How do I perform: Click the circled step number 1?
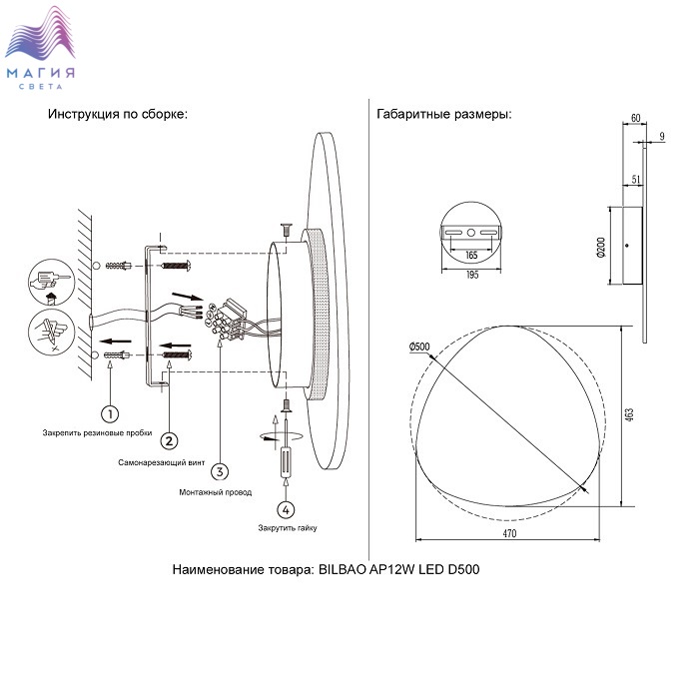point(111,412)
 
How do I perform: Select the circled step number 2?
point(170,440)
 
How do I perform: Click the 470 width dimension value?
point(509,534)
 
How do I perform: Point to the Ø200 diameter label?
point(601,248)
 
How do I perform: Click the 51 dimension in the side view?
point(636,179)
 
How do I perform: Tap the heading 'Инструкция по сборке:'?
point(118,114)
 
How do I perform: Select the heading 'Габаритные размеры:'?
point(444,114)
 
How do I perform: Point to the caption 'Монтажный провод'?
point(215,492)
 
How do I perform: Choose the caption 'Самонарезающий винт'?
point(164,463)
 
